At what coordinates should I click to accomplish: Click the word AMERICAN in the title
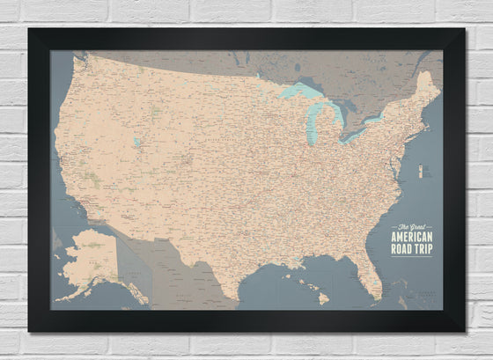[416, 235]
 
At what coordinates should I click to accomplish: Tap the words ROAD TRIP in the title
[416, 246]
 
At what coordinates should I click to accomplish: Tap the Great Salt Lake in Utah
[136, 141]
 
